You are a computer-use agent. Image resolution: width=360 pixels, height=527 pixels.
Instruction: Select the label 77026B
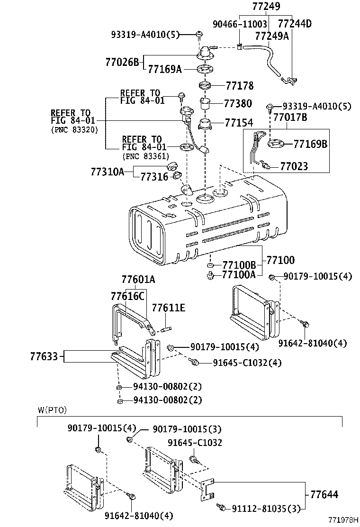point(122,62)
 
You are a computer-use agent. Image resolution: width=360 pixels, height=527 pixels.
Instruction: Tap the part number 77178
point(239,86)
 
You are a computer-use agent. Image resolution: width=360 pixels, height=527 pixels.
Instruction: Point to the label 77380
point(238,103)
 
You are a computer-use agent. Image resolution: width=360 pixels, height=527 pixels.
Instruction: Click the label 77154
point(239,123)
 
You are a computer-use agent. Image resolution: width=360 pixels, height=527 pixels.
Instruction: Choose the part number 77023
point(294,166)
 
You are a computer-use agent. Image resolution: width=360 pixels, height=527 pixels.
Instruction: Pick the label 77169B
point(310,144)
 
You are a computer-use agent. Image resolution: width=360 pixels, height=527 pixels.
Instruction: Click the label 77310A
point(108,172)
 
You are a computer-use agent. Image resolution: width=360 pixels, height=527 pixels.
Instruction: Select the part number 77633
point(47,356)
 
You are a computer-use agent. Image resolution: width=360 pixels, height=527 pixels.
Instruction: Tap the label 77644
point(324,495)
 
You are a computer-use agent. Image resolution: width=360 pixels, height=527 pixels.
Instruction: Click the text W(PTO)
point(52,410)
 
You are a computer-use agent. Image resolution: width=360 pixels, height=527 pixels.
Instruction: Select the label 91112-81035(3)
point(266,509)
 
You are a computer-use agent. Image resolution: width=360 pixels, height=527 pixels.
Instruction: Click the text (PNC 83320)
point(74,130)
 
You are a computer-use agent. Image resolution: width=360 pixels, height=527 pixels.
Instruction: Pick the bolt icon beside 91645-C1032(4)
point(194,362)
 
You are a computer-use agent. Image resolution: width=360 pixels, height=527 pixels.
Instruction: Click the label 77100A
point(239,273)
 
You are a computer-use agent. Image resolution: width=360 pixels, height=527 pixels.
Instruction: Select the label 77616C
point(127,296)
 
